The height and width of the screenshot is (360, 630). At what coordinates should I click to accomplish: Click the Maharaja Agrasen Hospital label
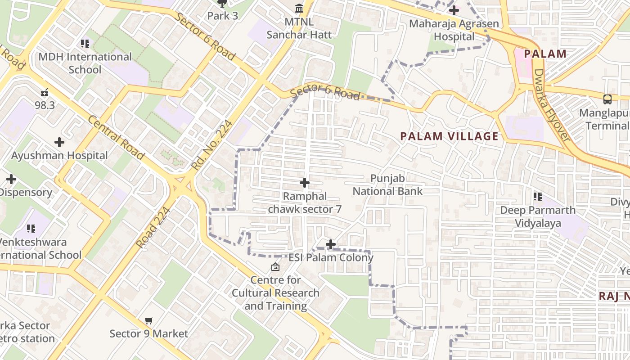coord(454,30)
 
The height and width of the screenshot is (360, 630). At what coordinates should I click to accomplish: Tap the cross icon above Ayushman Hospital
coord(59,143)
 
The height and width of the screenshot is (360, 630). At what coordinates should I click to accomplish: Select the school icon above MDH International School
coord(85,44)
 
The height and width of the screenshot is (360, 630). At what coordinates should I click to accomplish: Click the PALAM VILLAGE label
coord(449,136)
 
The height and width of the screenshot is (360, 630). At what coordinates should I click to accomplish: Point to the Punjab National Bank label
coord(387,185)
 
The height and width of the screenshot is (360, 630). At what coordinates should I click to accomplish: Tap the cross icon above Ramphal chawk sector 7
coord(305,183)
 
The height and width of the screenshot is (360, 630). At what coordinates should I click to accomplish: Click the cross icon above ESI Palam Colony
coord(331,244)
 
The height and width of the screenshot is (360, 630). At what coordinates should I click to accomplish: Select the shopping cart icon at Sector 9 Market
coord(149,321)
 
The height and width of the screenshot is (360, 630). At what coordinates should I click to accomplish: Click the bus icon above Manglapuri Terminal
coord(607,99)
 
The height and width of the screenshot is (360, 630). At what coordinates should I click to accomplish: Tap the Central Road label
coord(116,138)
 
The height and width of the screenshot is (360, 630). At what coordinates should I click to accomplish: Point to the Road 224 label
coord(153,227)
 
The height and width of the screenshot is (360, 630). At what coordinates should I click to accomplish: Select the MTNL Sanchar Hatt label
coord(299,28)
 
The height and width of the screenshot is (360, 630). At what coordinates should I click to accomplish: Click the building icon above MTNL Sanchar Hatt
coord(299,9)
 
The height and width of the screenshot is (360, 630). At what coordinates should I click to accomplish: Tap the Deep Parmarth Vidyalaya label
coord(538,216)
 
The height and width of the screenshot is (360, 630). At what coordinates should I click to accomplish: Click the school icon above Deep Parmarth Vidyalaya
coord(538,197)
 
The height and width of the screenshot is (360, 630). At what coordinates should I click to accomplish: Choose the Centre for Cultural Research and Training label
coord(275,293)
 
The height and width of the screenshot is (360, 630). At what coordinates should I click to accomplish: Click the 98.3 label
coord(45,105)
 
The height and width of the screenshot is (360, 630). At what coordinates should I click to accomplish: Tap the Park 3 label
coord(222,16)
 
